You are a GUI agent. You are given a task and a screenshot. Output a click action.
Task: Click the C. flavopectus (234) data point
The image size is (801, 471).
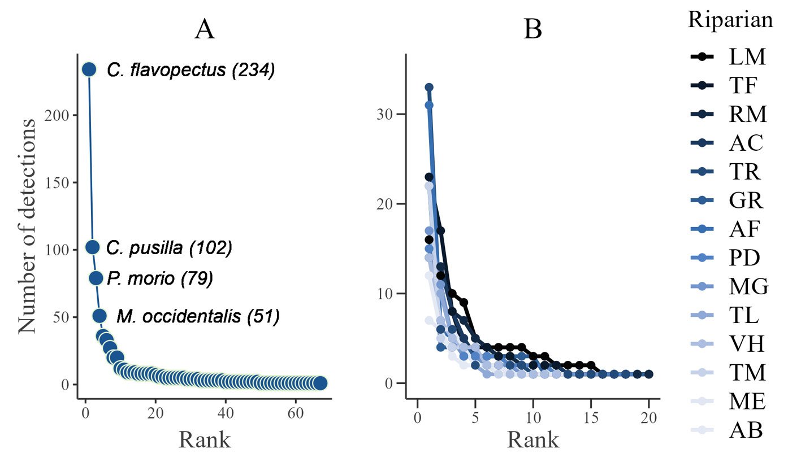pyautogui.click(x=89, y=69)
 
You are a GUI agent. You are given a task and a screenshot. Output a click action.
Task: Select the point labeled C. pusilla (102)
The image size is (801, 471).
pyautogui.click(x=93, y=247)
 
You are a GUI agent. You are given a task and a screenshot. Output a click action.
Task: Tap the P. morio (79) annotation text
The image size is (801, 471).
pyautogui.click(x=159, y=278)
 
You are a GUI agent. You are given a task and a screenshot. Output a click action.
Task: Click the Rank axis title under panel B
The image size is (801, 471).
pyautogui.click(x=532, y=439)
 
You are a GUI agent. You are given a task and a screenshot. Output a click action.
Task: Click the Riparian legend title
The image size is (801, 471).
pyautogui.click(x=730, y=20)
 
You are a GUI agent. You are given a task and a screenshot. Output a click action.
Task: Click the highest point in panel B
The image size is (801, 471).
pyautogui.click(x=429, y=88)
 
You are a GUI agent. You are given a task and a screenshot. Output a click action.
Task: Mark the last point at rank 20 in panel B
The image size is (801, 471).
pyautogui.click(x=649, y=374)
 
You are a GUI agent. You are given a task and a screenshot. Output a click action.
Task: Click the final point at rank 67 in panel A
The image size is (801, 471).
pyautogui.click(x=320, y=383)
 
